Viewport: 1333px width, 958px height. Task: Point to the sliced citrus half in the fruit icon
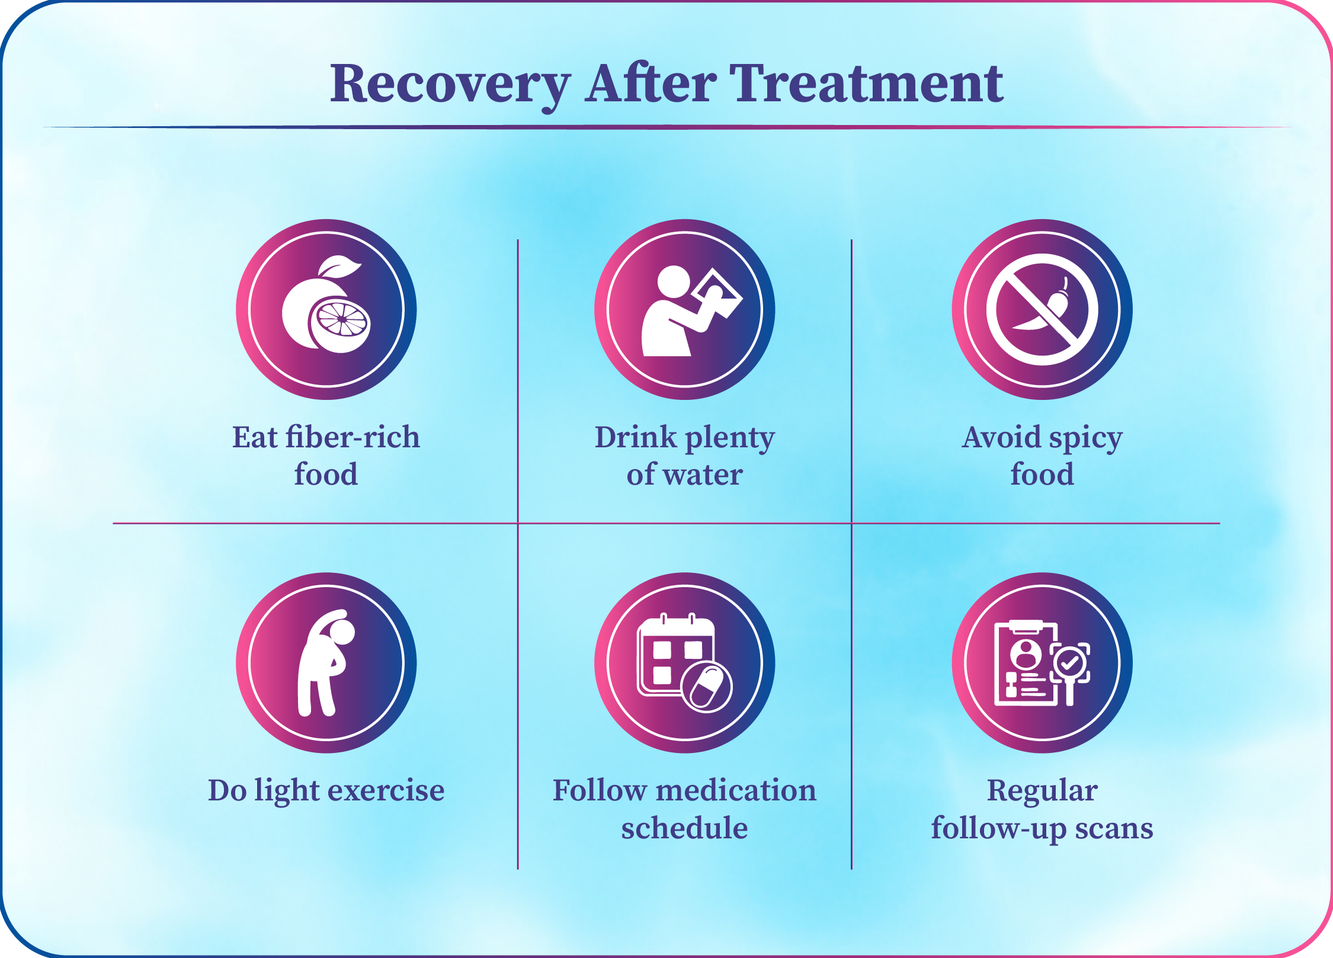coord(340,323)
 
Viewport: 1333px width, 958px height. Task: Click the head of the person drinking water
coord(674,281)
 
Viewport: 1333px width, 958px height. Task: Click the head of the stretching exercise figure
coord(341,630)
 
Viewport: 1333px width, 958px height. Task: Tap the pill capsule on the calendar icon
coord(707,687)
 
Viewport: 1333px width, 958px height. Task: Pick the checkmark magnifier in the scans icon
coord(1071,666)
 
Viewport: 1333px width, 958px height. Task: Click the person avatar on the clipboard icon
coord(1026,653)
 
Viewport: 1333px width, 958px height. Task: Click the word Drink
coord(635,437)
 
